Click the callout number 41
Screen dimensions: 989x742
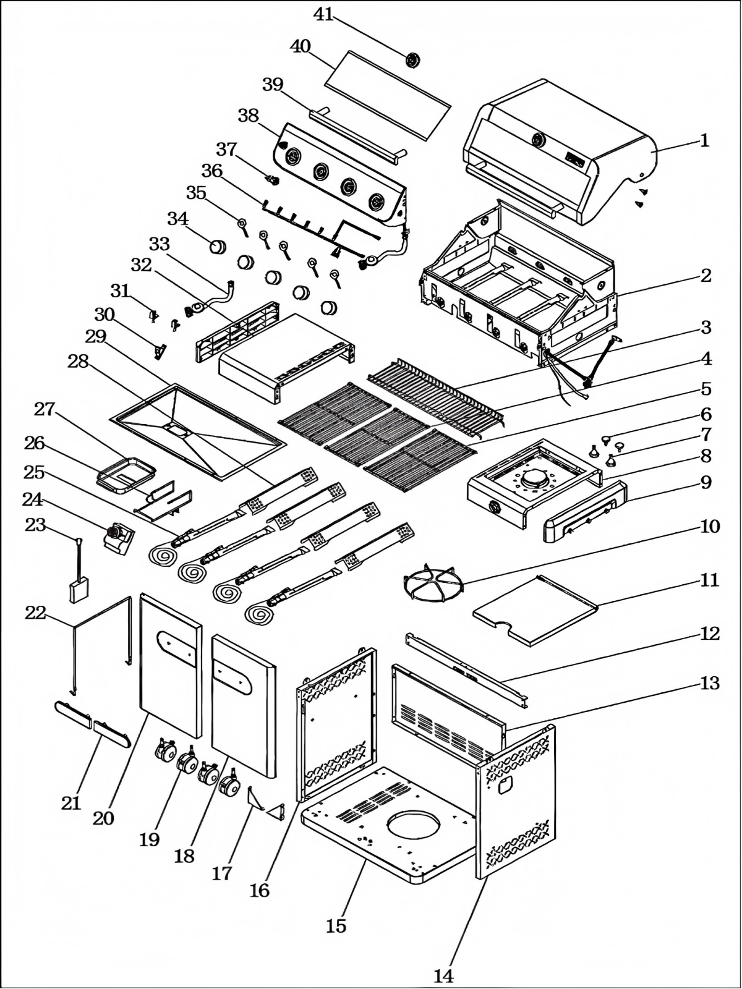click(323, 14)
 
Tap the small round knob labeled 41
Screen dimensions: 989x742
click(413, 60)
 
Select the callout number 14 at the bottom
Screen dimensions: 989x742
click(443, 975)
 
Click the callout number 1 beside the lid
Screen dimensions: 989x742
click(704, 140)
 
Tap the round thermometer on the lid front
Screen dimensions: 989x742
click(539, 140)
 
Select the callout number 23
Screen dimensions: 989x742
click(35, 525)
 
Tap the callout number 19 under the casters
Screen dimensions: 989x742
click(149, 839)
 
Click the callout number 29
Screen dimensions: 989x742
click(96, 337)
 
